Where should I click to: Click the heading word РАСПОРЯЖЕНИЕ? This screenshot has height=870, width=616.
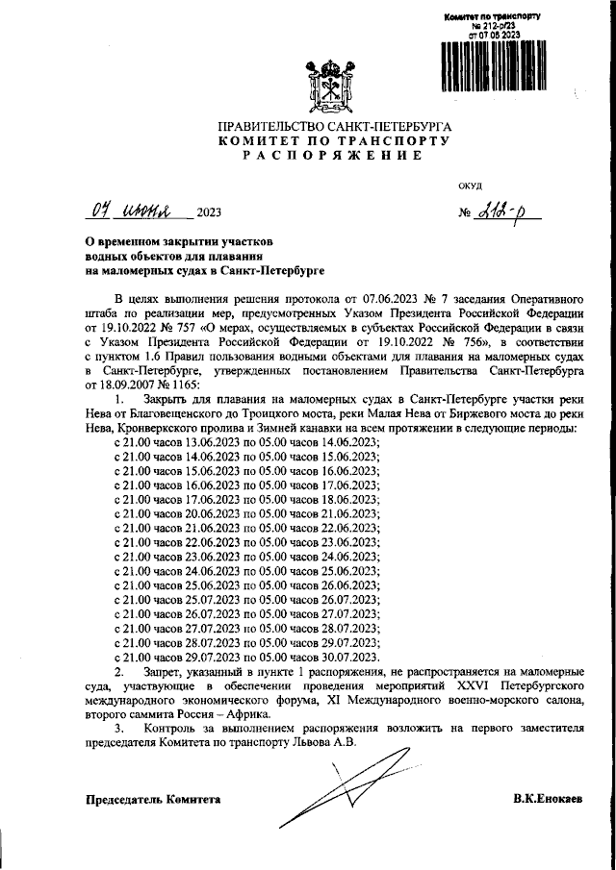(x=333, y=155)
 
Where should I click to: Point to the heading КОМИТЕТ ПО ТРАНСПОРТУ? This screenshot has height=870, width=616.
(x=334, y=140)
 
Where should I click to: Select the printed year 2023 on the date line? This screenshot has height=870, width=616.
(x=208, y=213)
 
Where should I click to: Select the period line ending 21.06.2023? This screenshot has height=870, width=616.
(x=246, y=514)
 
